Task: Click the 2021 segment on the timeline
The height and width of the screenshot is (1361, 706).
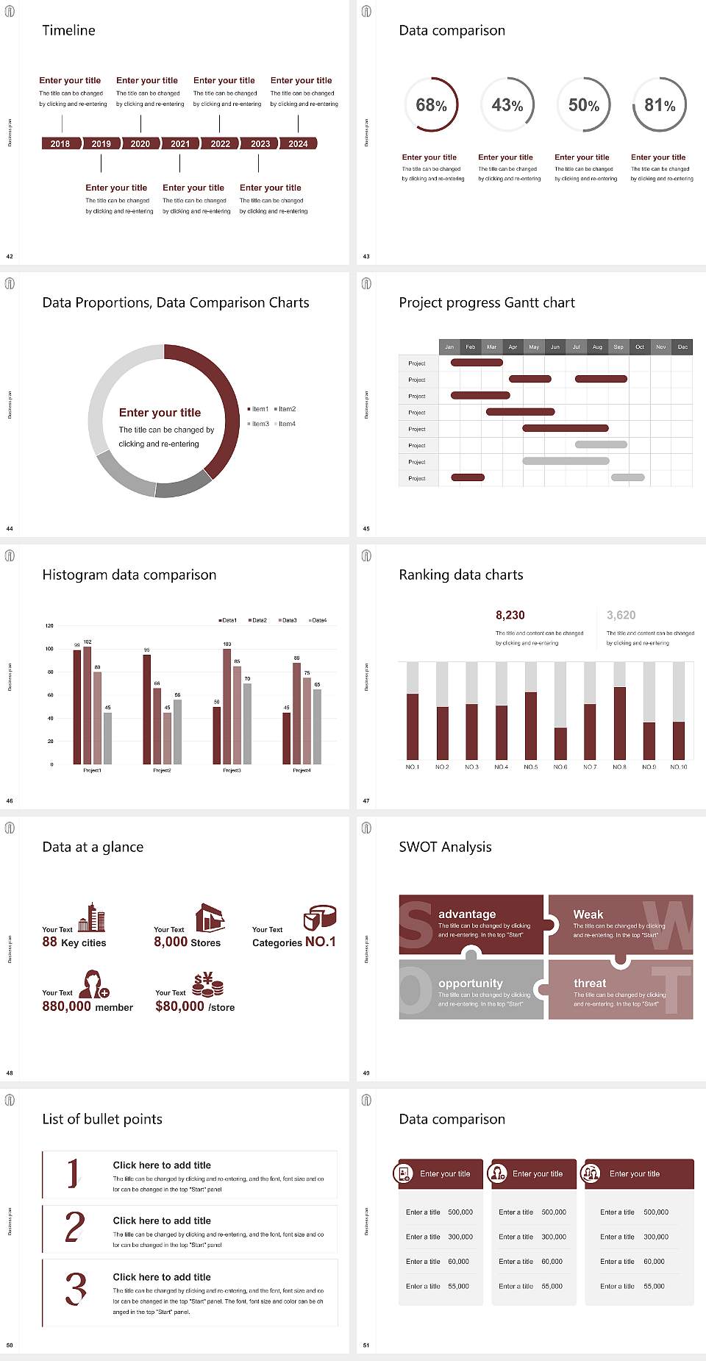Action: pyautogui.click(x=180, y=143)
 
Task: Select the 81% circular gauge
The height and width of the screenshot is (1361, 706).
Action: pyautogui.click(x=660, y=105)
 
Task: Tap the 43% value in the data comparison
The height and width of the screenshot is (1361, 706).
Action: pyautogui.click(x=507, y=105)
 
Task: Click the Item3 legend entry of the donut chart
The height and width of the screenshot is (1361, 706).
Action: pyautogui.click(x=259, y=424)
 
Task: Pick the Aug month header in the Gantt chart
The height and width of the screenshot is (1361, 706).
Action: pyautogui.click(x=597, y=347)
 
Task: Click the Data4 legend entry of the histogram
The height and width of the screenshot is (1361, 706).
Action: pyautogui.click(x=318, y=620)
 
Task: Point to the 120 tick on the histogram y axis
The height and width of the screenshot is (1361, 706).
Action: pyautogui.click(x=49, y=626)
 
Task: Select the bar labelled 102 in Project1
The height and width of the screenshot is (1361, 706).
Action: pyautogui.click(x=88, y=704)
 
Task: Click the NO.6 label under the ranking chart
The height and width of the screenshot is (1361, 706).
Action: pyautogui.click(x=560, y=767)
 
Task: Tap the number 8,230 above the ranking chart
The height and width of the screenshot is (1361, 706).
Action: pyautogui.click(x=510, y=615)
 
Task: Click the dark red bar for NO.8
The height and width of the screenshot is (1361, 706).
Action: pyautogui.click(x=620, y=722)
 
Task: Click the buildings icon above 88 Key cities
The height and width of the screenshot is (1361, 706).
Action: pyautogui.click(x=92, y=917)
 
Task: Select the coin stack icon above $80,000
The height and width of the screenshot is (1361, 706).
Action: pyautogui.click(x=208, y=984)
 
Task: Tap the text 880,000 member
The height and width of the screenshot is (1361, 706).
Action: pyautogui.click(x=88, y=1006)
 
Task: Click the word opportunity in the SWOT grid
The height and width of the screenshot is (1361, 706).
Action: pyautogui.click(x=471, y=983)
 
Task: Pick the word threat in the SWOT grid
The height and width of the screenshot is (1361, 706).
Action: pyautogui.click(x=590, y=983)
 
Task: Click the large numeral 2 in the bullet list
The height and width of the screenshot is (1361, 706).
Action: pyautogui.click(x=75, y=1227)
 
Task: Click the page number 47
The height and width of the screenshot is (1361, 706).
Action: pyautogui.click(x=366, y=800)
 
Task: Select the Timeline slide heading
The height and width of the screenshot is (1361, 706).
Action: pyautogui.click(x=68, y=30)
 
